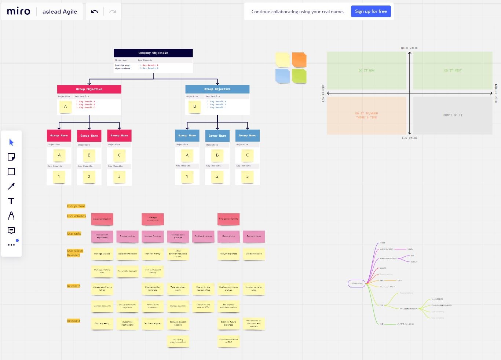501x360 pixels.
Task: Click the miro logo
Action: tap(19, 11)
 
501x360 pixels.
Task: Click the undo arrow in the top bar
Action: tap(95, 12)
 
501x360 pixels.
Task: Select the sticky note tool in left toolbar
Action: tap(11, 157)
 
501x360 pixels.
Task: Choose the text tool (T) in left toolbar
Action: tap(11, 201)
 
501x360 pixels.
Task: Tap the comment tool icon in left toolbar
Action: tap(11, 231)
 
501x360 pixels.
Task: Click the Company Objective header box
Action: tap(153, 53)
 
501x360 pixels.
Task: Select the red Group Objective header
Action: tap(89, 89)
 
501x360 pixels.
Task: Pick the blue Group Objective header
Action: tap(217, 89)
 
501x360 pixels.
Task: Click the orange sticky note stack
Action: tap(299, 60)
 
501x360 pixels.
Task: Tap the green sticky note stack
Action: tap(299, 76)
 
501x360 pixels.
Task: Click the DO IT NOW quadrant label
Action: tap(366, 70)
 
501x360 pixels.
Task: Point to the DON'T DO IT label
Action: tap(453, 115)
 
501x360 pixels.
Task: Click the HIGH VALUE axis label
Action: tap(409, 48)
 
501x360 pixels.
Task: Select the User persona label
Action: tap(76, 206)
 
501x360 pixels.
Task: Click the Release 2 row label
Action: tap(73, 286)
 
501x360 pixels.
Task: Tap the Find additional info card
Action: tap(228, 219)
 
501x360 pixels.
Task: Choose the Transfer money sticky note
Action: tap(153, 254)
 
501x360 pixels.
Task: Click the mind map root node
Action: tap(356, 283)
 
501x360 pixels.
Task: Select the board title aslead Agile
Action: tap(60, 12)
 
